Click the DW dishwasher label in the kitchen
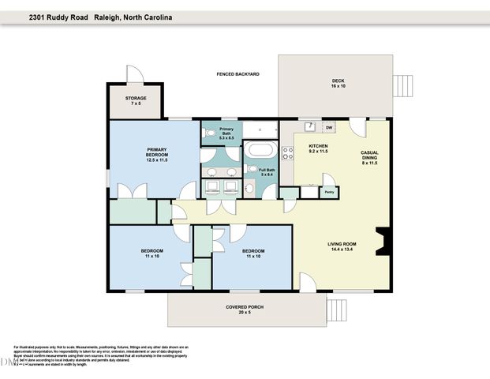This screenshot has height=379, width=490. pos(329,127)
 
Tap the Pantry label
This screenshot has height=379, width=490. pos(329,191)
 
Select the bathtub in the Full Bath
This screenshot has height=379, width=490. pos(260,150)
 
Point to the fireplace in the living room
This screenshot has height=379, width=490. pos(382,241)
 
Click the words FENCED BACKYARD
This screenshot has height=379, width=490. pos(238,74)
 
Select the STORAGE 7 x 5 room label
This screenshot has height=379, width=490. pos(135,101)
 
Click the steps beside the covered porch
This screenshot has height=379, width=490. pos(337,306)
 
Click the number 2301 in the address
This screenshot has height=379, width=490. pos(39,16)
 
